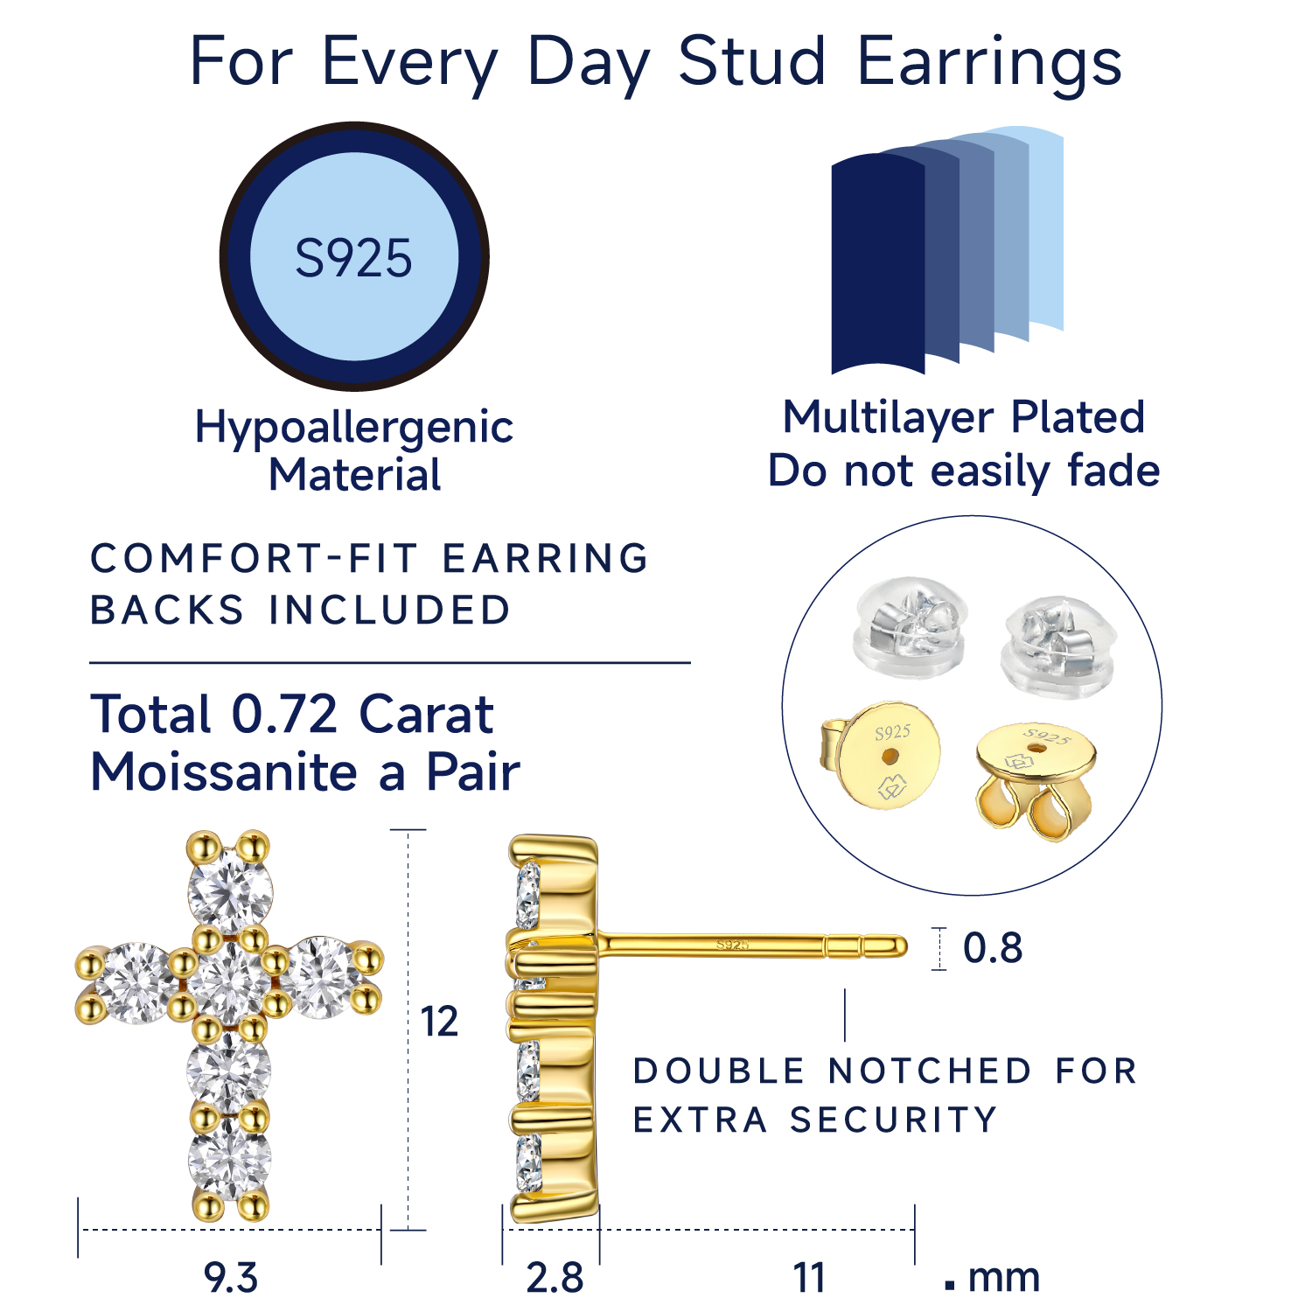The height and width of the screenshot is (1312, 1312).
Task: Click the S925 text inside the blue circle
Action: [x=353, y=258]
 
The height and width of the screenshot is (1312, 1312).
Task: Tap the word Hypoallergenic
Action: [x=353, y=427]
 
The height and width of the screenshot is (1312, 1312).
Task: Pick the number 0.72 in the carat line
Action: [x=284, y=715]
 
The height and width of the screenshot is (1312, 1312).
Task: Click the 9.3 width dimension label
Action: [x=231, y=1278]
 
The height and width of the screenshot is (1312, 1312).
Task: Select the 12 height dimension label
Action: [x=439, y=1022]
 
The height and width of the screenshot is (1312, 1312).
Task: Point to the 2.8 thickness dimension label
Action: [x=555, y=1278]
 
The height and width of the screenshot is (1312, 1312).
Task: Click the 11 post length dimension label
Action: [x=809, y=1278]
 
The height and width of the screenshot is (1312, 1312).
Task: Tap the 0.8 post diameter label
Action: [x=993, y=948]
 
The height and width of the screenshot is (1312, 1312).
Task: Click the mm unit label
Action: [x=1004, y=1278]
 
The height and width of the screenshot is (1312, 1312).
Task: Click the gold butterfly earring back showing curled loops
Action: [x=1035, y=778]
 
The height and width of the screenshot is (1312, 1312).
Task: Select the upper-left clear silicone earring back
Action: [x=910, y=625]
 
